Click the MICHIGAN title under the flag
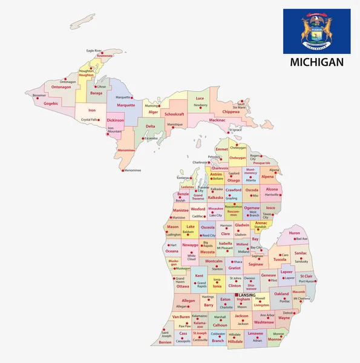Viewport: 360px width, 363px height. (x=316, y=62)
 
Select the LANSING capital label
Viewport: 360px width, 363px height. (x=247, y=295)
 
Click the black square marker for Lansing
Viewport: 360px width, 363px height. (x=237, y=295)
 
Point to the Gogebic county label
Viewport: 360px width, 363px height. (x=51, y=103)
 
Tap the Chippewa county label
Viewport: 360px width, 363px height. (x=231, y=111)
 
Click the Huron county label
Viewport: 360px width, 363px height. (x=294, y=233)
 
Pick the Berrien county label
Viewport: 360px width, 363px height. (x=165, y=342)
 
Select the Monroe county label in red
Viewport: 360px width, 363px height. (x=274, y=339)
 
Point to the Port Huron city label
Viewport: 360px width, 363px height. (x=307, y=281)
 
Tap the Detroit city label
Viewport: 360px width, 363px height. (x=289, y=313)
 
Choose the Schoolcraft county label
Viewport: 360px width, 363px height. (x=174, y=114)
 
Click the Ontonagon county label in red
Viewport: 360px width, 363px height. (x=61, y=87)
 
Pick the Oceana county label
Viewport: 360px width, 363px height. (x=172, y=250)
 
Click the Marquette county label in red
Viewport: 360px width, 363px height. (x=126, y=105)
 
